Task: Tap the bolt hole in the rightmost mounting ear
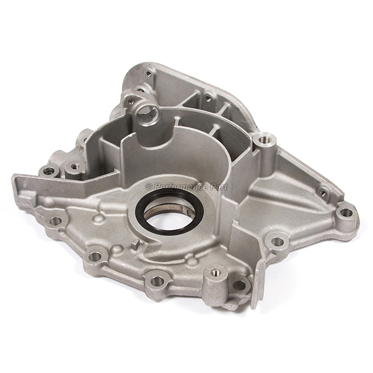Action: (346, 212)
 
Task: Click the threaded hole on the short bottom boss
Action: (215, 272)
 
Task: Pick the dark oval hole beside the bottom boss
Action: (239, 285)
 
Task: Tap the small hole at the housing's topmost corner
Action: (149, 73)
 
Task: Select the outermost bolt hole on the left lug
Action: (49, 171)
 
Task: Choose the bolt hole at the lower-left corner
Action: (56, 221)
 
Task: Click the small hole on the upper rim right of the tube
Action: (207, 98)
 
